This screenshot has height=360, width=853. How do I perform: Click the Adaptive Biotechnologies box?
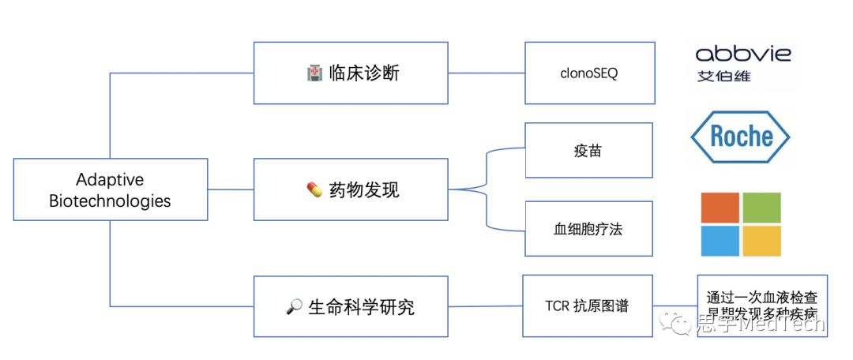[x=111, y=190]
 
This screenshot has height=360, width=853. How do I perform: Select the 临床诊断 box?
[x=351, y=73]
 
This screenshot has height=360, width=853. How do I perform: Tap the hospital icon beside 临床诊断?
[x=314, y=73]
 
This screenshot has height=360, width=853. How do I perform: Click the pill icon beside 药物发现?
[x=314, y=190]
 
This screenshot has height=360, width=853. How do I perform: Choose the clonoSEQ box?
[x=589, y=74]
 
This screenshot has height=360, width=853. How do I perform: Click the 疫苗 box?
[x=589, y=150]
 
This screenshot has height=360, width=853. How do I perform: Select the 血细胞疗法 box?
[x=589, y=229]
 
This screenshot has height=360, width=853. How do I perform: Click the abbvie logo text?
[x=742, y=54]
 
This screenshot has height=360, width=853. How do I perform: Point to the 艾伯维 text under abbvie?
[x=723, y=77]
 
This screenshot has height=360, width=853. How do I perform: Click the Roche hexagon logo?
[x=740, y=137]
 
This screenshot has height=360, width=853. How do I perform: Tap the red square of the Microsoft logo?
[x=720, y=207]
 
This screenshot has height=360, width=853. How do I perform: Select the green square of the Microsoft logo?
[x=761, y=207]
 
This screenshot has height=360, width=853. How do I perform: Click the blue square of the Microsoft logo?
[x=720, y=241]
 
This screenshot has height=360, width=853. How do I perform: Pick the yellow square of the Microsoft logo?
[x=761, y=241]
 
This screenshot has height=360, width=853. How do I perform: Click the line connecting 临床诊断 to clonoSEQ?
[x=487, y=73]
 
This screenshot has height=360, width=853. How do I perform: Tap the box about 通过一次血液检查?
[x=762, y=306]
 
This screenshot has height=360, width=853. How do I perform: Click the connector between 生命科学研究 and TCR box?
[x=486, y=306]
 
